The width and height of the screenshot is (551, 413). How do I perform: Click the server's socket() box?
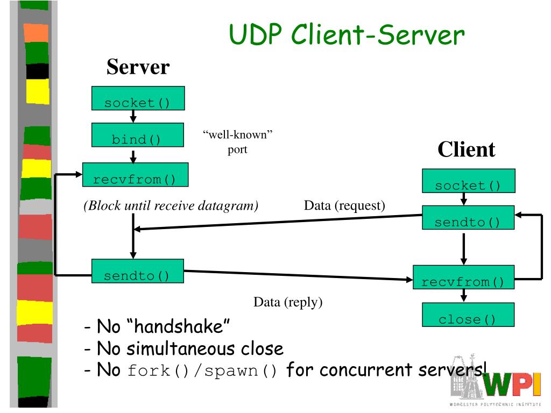point(138,98)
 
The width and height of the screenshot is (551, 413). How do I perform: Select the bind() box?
point(137,135)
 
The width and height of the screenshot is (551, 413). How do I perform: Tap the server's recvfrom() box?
point(135,175)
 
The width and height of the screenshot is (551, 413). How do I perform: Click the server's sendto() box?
point(137,271)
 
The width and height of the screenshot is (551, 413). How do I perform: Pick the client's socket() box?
point(469,181)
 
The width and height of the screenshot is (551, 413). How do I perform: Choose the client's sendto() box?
point(468,218)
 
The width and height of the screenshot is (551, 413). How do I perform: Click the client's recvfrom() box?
point(463,277)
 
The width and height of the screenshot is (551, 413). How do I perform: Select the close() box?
point(468,315)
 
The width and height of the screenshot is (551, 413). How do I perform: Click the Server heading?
point(138,67)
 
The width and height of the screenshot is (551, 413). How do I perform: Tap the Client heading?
point(467,149)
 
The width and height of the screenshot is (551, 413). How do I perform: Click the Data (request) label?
point(344,205)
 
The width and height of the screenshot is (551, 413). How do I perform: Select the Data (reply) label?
point(288,302)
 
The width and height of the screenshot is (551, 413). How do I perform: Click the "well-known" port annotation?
point(237,142)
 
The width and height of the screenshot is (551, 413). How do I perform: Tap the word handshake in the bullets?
point(178,326)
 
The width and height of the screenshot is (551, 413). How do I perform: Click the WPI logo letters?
point(512,386)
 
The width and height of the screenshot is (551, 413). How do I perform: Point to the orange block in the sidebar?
point(36,33)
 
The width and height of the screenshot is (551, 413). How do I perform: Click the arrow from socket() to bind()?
point(133,117)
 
